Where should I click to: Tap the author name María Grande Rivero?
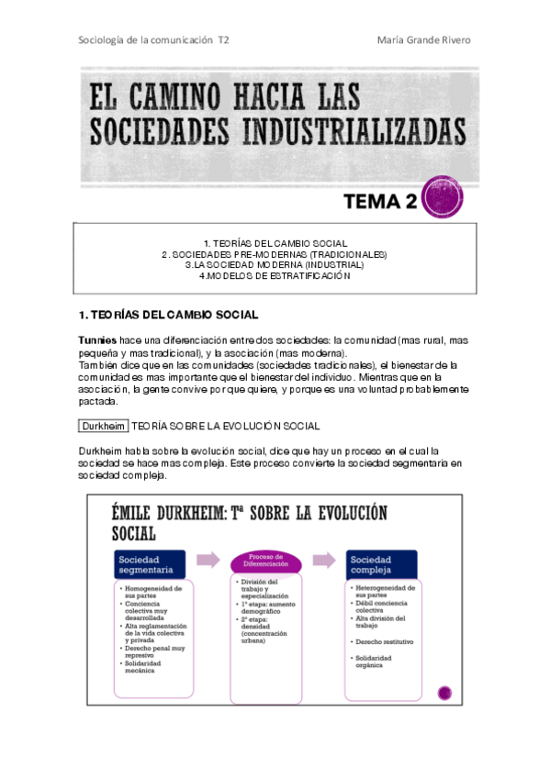click(x=426, y=40)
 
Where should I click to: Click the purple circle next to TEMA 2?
click(x=441, y=197)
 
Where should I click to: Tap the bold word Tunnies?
click(x=98, y=340)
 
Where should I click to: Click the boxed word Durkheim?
click(x=104, y=426)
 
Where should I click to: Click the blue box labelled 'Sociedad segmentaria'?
click(x=150, y=564)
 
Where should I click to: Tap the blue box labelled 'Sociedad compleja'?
click(x=381, y=564)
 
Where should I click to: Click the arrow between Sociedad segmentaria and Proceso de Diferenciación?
click(x=208, y=560)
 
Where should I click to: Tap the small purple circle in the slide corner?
click(x=445, y=693)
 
